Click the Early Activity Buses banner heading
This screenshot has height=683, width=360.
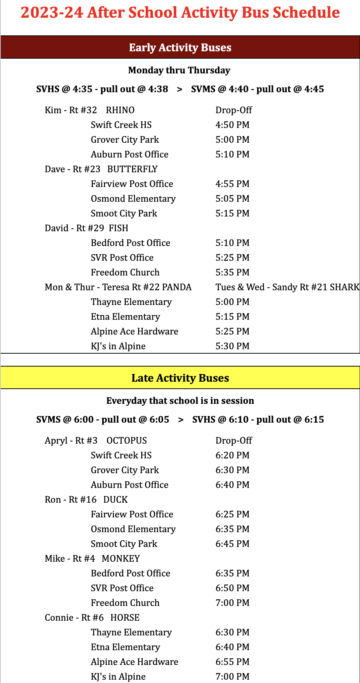(x=180, y=48)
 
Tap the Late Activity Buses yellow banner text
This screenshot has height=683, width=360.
(x=180, y=378)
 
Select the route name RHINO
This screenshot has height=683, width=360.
(x=120, y=110)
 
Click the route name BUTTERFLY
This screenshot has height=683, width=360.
(x=132, y=169)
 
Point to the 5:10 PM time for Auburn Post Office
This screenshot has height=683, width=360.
(x=232, y=155)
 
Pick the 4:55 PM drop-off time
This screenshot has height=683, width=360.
(x=232, y=184)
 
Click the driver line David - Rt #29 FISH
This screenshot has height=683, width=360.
(x=86, y=228)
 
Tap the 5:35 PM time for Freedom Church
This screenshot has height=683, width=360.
(x=232, y=273)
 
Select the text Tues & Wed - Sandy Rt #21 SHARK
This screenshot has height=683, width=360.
(x=287, y=287)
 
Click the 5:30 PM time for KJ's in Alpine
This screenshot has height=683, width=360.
(x=232, y=346)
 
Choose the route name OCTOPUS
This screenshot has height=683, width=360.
(x=127, y=441)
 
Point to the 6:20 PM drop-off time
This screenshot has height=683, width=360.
(x=232, y=455)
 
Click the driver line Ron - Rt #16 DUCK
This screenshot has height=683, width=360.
(x=86, y=500)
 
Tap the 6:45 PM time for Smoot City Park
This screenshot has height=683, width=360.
(x=232, y=544)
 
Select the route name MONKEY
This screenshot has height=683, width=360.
(x=121, y=559)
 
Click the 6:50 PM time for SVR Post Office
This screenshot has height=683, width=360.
(x=232, y=588)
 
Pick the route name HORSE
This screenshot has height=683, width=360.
(x=125, y=618)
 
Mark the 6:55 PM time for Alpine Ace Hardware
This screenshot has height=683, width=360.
(x=232, y=662)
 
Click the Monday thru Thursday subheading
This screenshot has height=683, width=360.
(x=179, y=70)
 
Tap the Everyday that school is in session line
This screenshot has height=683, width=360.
(x=180, y=401)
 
